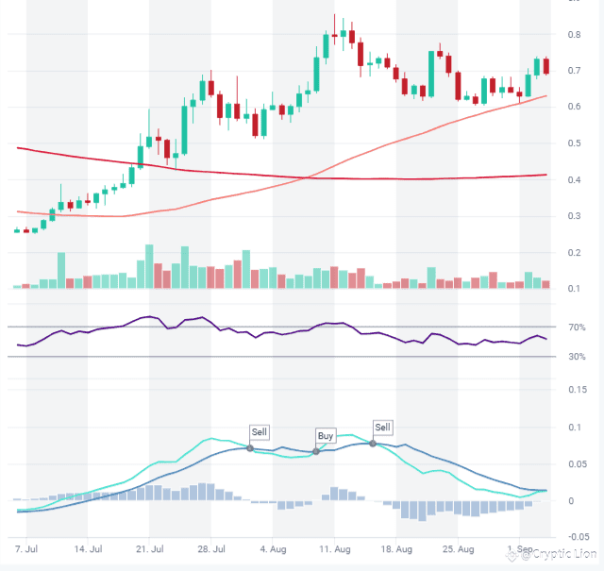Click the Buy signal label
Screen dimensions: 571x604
(x=326, y=436)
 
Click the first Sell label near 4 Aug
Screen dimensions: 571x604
(x=260, y=432)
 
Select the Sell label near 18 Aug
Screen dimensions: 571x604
(x=382, y=428)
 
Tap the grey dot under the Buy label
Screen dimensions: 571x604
(x=316, y=452)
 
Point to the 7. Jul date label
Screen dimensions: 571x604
(x=25, y=548)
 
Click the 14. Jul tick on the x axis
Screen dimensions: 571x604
(x=88, y=548)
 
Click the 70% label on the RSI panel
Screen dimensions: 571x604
(x=577, y=327)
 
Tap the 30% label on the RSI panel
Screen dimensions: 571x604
(x=577, y=357)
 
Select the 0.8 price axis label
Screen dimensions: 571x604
(x=574, y=35)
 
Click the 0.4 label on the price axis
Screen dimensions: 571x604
(x=574, y=180)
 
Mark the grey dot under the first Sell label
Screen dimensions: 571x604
(x=250, y=448)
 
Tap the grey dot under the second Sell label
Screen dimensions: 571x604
(x=373, y=444)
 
